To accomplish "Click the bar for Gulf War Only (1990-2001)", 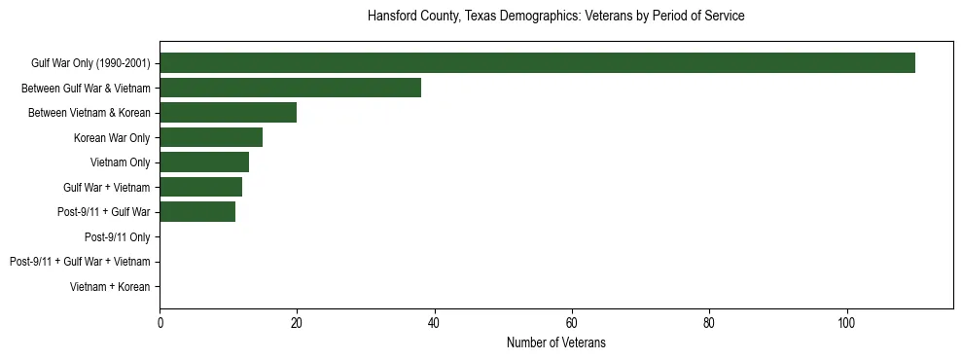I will click(537, 63).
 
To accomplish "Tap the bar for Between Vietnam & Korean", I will click(228, 113).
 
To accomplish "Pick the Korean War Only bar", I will click(211, 137).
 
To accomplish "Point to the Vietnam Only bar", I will click(204, 162).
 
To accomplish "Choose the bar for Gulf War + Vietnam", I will click(200, 187).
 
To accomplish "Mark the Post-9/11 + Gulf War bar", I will click(197, 212).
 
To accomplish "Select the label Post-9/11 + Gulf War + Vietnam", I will click(80, 262).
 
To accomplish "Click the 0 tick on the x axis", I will click(160, 323).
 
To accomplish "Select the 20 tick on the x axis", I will click(297, 323).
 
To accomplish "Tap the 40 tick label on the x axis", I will click(434, 323).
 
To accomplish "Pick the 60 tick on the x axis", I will click(572, 323).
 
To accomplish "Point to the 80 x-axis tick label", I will click(709, 323).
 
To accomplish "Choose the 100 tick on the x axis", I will click(846, 323).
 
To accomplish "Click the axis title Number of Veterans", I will click(556, 343).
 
